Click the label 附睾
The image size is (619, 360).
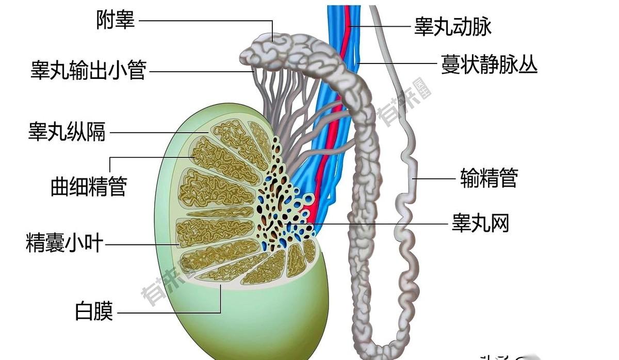click(x=115, y=21)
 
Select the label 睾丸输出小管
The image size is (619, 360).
click(x=88, y=70)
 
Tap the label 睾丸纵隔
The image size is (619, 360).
click(x=67, y=133)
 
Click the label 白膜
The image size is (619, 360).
click(x=94, y=312)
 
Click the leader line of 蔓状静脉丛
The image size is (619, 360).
click(x=397, y=64)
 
